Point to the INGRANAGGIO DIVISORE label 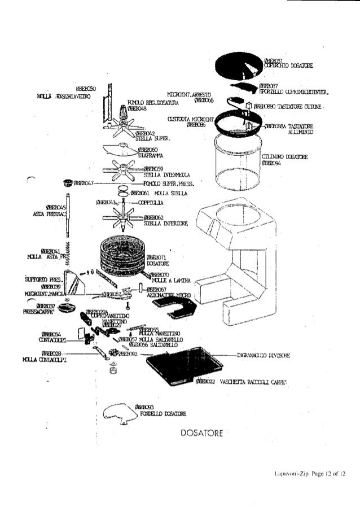click(x=264, y=356)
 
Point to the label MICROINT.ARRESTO click(x=186, y=95)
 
